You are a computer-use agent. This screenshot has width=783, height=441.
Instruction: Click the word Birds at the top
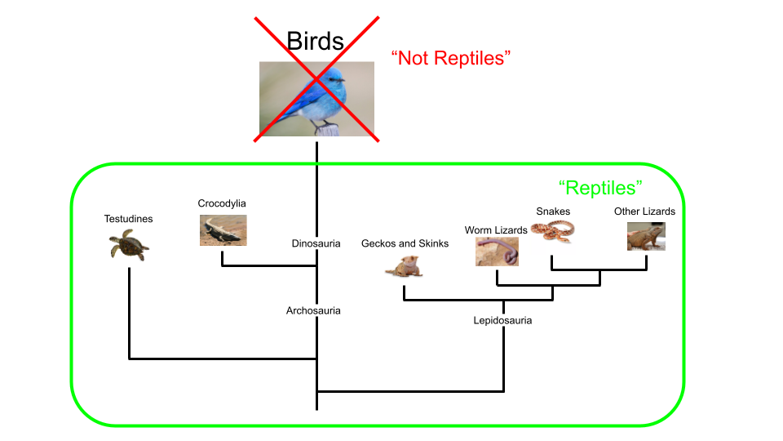(x=316, y=42)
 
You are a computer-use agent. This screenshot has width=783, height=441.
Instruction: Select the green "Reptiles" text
(x=601, y=188)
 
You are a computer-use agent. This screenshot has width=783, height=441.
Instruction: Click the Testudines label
(x=128, y=218)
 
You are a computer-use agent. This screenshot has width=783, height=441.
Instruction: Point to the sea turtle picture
(x=129, y=244)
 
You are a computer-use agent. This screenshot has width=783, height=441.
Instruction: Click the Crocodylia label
(x=222, y=203)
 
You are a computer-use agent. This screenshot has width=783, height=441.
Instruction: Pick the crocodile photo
(x=223, y=230)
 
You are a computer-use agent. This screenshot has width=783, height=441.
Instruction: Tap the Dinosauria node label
(x=316, y=243)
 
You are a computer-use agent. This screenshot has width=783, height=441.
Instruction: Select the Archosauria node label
(x=313, y=310)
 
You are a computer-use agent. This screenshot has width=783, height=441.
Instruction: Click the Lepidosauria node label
(x=502, y=320)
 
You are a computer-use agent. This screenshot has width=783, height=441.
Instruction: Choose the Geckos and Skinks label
(x=405, y=243)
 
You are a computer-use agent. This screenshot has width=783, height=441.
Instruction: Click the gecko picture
(x=405, y=267)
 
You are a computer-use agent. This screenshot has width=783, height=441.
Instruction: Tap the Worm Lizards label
(x=495, y=230)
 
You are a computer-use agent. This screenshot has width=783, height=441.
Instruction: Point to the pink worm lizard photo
(x=497, y=252)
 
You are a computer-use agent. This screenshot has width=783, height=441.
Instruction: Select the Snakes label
(x=553, y=212)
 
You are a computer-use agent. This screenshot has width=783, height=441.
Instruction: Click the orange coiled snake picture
(x=552, y=232)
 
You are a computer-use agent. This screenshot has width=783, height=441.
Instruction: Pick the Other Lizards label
(x=644, y=212)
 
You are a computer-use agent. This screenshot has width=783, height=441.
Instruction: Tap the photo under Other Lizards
(x=646, y=237)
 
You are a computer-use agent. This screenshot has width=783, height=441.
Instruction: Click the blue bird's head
(x=334, y=80)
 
